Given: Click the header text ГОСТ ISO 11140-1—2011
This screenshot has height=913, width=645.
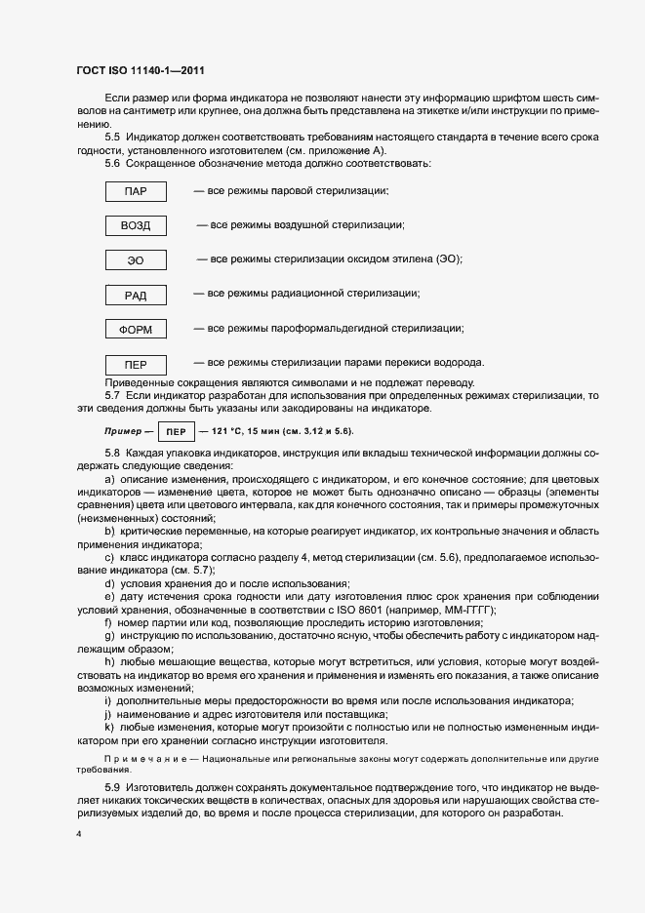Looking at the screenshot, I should (140, 70).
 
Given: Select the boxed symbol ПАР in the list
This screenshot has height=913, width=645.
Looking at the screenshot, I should (136, 191).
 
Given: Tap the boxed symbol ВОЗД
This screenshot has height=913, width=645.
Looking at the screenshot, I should (136, 225).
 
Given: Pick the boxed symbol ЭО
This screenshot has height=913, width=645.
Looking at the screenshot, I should (136, 260).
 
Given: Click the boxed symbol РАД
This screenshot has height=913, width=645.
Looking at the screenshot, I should (136, 295).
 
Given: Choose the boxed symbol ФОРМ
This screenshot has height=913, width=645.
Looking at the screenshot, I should (136, 330).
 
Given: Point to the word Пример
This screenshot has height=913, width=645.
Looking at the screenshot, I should (123, 430).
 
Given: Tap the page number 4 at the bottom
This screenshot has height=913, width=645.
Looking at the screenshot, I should (78, 835).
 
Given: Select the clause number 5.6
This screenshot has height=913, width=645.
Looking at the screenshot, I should (112, 163).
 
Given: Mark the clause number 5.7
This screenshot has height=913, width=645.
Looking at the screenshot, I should (112, 395).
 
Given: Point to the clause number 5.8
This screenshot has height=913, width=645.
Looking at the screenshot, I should (112, 456).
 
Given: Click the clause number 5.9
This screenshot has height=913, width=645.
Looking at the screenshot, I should (112, 786).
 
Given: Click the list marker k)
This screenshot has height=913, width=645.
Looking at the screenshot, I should (109, 728).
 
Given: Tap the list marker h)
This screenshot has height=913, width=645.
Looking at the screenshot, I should (109, 661).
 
